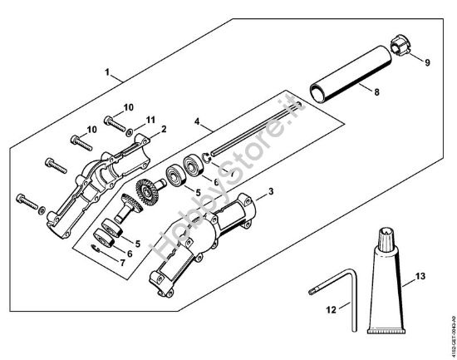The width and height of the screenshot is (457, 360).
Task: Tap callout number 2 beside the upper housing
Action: pyautogui.click(x=164, y=129)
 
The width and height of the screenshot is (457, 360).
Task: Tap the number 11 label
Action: pyautogui.click(x=150, y=120)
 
